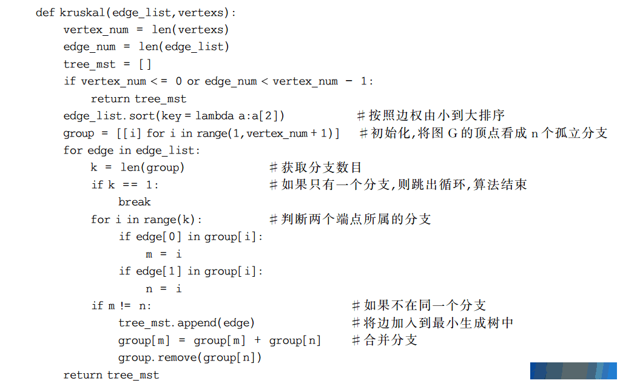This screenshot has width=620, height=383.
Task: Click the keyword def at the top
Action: pyautogui.click(x=45, y=12)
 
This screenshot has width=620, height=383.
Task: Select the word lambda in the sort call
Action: pyautogui.click(x=215, y=115)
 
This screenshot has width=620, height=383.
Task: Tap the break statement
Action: pyautogui.click(x=135, y=202)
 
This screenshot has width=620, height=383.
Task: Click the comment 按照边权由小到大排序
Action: pyautogui.click(x=431, y=115)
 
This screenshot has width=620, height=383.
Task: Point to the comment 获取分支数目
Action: pyautogui.click(x=315, y=168)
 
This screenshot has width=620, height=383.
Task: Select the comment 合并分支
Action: pyautogui.click(x=385, y=340)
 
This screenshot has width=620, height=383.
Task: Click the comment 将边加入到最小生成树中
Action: pyautogui.click(x=433, y=323)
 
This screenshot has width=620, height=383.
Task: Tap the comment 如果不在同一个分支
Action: pyautogui.click(x=419, y=305)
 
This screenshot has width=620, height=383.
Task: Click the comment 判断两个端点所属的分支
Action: pyautogui.click(x=350, y=219)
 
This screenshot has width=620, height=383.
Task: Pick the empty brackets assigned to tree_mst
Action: pyautogui.click(x=145, y=64)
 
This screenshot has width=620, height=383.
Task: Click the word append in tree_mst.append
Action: pyautogui.click(x=197, y=324)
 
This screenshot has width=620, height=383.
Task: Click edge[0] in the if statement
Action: pyautogui.click(x=158, y=237)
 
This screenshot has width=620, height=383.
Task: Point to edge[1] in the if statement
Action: pyautogui.click(x=158, y=271)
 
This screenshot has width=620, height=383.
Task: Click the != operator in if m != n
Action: pyautogui.click(x=125, y=305)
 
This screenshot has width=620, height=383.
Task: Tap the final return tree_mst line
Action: pyautogui.click(x=111, y=375)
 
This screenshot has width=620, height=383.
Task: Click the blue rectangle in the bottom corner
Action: pyautogui.click(x=573, y=371)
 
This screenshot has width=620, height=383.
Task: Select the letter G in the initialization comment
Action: pyautogui.click(x=453, y=134)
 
